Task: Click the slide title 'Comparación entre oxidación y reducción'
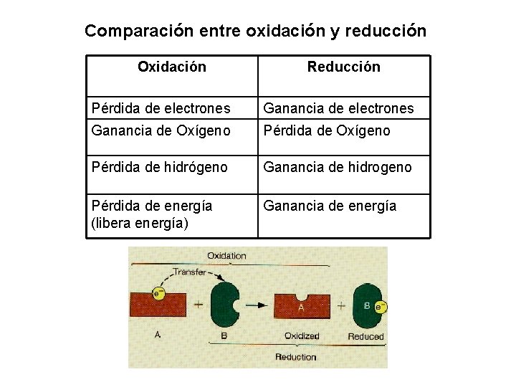tap(255, 31)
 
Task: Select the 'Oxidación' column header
tap(171, 67)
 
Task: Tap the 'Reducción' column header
tap(343, 67)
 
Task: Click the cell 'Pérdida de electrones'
tap(161, 108)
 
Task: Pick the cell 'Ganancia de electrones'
tap(338, 108)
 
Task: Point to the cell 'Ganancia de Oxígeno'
tap(161, 130)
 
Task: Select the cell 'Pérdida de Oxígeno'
tap(327, 130)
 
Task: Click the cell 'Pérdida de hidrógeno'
tap(160, 167)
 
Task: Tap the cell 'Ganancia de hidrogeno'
tap(338, 167)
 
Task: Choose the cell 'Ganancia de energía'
tap(330, 206)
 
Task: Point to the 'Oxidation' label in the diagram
tap(226, 256)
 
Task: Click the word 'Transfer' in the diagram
tap(189, 272)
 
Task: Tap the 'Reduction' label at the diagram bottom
tap(295, 357)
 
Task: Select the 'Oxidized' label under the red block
tap(302, 336)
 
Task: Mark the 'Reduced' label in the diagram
tap(365, 336)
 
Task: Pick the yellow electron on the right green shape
tap(381, 307)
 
